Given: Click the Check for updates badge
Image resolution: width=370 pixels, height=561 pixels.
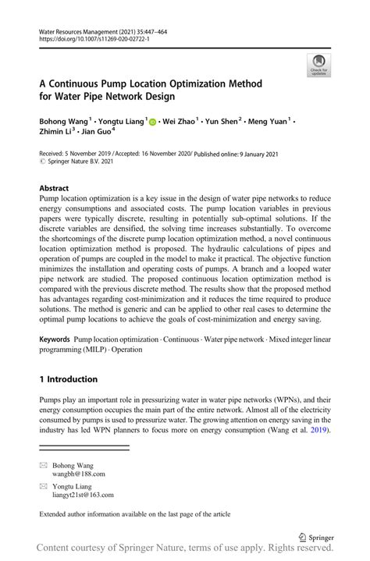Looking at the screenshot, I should pyautogui.click(x=318, y=65).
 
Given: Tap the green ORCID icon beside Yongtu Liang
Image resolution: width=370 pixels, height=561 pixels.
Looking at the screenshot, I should pyautogui.click(x=151, y=122).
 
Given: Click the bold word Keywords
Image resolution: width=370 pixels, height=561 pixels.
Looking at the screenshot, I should pyautogui.click(x=55, y=340).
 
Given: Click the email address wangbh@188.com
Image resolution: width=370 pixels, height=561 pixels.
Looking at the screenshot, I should pyautogui.click(x=79, y=473).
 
